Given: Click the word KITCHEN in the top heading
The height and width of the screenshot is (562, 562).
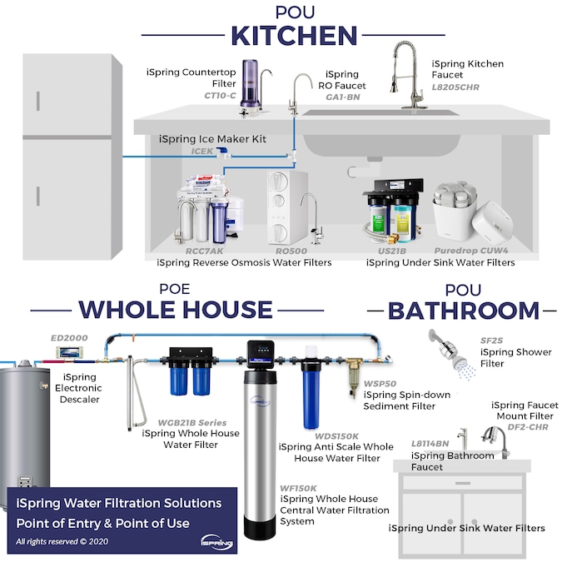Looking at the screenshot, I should coord(294,37).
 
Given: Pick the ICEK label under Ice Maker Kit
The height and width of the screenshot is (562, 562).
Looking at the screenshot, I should coord(203,152).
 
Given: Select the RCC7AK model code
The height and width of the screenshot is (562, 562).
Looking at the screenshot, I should coord(204,250).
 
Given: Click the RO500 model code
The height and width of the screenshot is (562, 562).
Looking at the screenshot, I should coord(291,250).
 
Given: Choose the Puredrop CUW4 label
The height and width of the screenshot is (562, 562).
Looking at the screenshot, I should coord(470,250).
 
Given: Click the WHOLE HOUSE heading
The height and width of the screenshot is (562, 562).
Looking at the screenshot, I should coord(175,310).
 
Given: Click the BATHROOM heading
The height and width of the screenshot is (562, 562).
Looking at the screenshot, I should coord(464,311).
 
